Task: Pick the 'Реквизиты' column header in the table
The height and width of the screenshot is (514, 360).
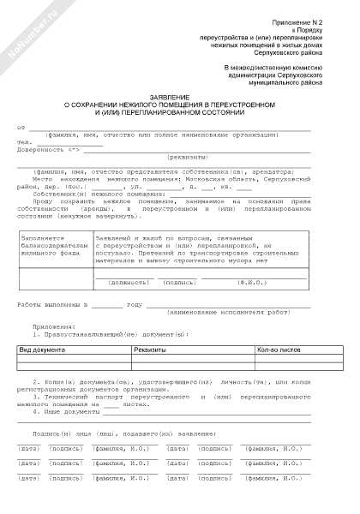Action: click(x=150, y=350)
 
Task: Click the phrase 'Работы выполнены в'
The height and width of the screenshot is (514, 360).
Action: click(x=54, y=304)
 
